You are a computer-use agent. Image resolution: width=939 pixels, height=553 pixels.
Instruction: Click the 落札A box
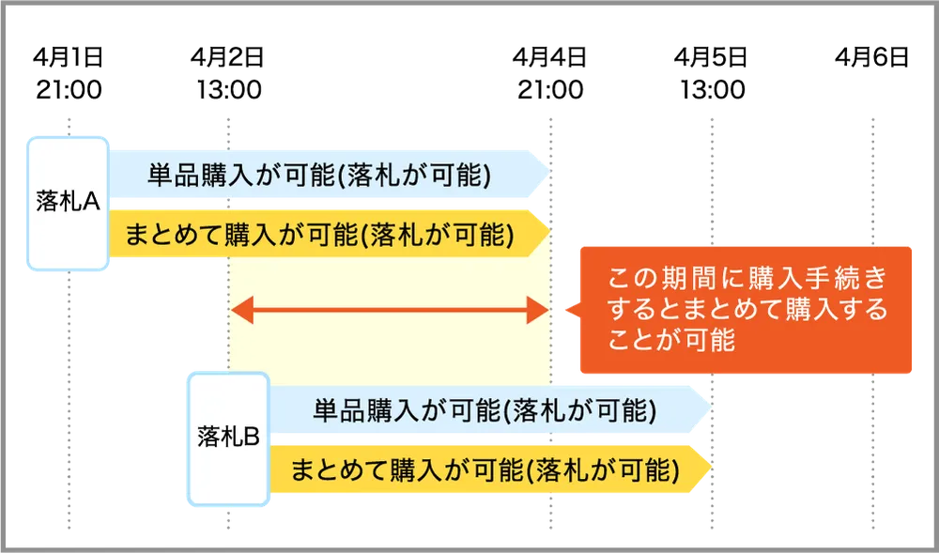68,204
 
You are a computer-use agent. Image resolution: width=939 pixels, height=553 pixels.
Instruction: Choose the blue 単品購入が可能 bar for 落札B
484,410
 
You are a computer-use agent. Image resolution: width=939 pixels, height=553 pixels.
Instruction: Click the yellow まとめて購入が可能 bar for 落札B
484,469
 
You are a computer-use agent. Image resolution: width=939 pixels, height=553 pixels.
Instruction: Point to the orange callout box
746,310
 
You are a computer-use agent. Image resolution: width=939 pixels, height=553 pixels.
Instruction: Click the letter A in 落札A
92,204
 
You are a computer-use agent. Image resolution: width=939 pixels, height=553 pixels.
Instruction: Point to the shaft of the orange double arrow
390,309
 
